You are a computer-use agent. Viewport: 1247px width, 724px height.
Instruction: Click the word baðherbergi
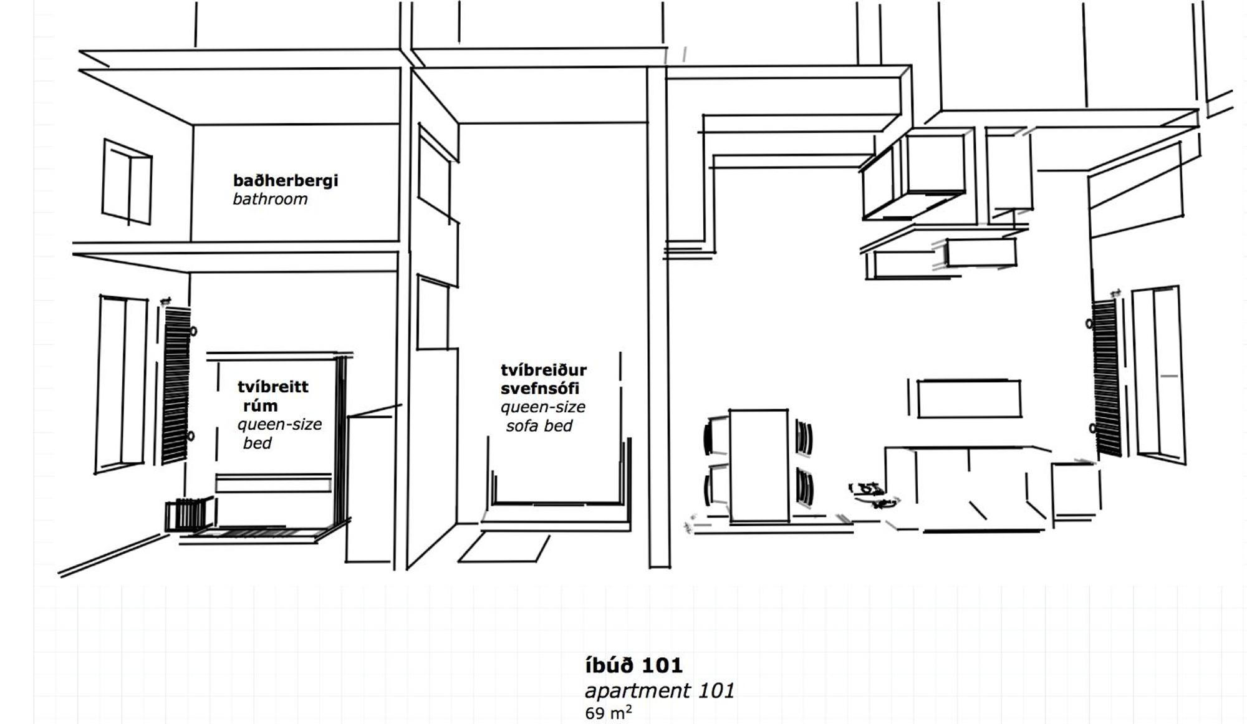point(285,181)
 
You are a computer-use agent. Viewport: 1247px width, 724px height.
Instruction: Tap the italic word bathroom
point(270,200)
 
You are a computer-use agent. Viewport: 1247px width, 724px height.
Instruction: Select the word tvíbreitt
point(272,387)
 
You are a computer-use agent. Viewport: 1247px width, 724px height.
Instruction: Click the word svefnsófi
point(540,389)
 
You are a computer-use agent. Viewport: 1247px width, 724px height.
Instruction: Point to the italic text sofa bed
point(539,426)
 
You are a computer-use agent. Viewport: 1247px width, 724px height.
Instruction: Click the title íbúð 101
point(633,665)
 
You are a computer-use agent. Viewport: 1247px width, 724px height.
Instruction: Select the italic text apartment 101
point(660,691)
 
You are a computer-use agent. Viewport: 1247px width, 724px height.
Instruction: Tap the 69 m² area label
point(608,712)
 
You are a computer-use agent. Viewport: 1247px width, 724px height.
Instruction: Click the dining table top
point(759,465)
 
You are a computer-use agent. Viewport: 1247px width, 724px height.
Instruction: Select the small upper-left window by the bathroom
point(127,182)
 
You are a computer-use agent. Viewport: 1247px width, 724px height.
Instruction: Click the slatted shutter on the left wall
point(176,385)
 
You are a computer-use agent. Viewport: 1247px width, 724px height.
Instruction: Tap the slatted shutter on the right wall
point(1106,378)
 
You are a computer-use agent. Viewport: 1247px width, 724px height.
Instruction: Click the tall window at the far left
point(121,384)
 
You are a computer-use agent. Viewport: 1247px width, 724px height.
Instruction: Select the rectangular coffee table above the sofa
point(969,398)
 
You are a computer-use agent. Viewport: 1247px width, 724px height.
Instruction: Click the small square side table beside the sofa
point(1074,490)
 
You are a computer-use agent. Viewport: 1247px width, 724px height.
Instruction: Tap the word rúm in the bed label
point(260,406)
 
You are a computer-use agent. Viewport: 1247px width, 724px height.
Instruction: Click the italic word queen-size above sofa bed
point(542,407)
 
